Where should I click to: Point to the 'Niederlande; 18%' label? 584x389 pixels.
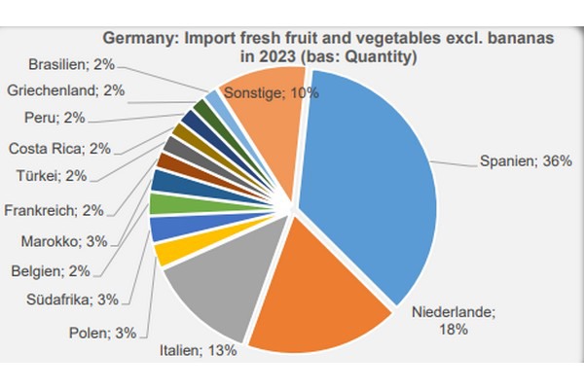point(454,321)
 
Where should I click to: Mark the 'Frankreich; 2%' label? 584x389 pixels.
point(55,210)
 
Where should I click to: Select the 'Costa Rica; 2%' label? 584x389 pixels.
point(59,149)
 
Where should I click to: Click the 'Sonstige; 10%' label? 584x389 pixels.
point(272,92)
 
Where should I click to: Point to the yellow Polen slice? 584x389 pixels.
point(170,252)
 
